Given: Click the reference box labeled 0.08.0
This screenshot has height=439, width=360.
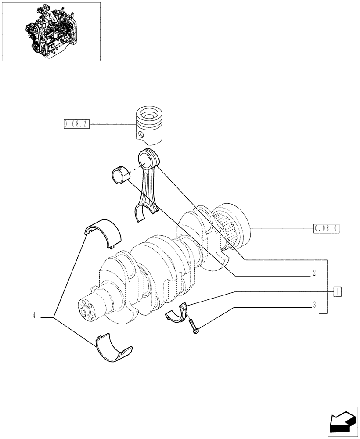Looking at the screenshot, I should point(327,228).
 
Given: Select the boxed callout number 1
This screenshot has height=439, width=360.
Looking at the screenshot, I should point(337,291).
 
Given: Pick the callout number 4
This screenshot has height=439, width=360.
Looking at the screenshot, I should point(34,315).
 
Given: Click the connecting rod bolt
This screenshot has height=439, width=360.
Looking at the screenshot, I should point(194,327).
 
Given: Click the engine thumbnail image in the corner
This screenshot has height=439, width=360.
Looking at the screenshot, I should point(51,31).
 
